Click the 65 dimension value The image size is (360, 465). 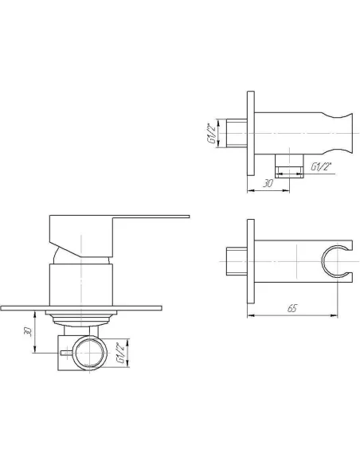tap(292, 308)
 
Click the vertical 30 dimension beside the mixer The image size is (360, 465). tap(28, 331)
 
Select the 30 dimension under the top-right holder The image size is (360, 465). tap(268, 184)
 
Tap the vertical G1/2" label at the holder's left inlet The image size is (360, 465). tap(213, 133)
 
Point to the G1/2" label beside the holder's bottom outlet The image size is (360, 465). tap(321, 166)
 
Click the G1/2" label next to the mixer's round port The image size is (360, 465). tap(120, 353)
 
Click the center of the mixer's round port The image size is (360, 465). tap(91, 353)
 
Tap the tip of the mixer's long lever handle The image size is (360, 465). tap(189, 217)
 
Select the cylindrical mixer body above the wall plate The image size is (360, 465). tap(81, 285)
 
